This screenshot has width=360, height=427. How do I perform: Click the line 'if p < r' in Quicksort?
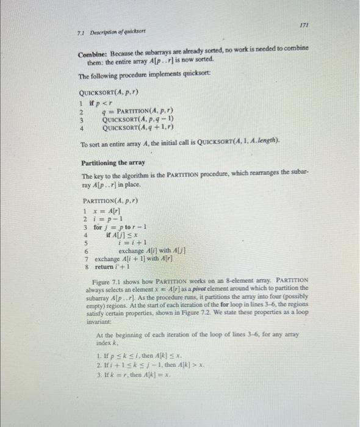[98, 103]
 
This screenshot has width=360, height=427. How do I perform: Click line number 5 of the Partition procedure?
[85, 243]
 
